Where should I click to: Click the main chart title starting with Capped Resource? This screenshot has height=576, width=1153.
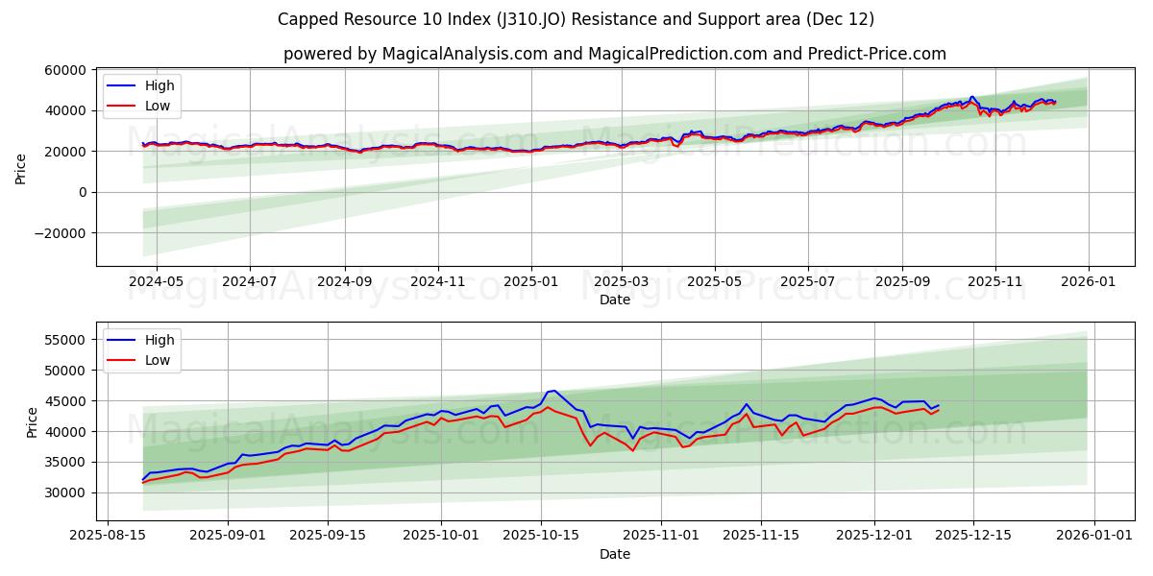(x=576, y=19)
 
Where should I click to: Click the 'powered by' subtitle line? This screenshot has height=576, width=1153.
(x=614, y=54)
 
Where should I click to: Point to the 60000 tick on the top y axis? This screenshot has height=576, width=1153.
(x=63, y=70)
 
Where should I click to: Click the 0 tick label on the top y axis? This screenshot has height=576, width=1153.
(x=84, y=192)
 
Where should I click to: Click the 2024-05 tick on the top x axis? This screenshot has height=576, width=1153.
(x=156, y=281)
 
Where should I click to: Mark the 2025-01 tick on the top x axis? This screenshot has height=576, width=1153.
(x=531, y=281)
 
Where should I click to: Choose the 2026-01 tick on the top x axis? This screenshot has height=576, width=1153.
(x=1089, y=281)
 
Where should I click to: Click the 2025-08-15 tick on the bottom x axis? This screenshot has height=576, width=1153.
(x=108, y=536)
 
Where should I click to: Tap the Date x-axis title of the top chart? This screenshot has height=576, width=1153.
(x=614, y=300)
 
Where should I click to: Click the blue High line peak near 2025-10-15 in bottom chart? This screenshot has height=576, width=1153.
(x=552, y=391)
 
